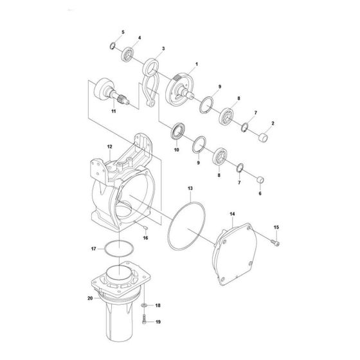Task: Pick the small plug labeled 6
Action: pyautogui.click(x=260, y=179)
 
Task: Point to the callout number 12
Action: pyautogui.click(x=110, y=147)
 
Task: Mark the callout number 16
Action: pyautogui.click(x=145, y=238)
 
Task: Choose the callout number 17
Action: pyautogui.click(x=93, y=248)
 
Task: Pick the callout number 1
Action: pyautogui.click(x=197, y=63)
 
